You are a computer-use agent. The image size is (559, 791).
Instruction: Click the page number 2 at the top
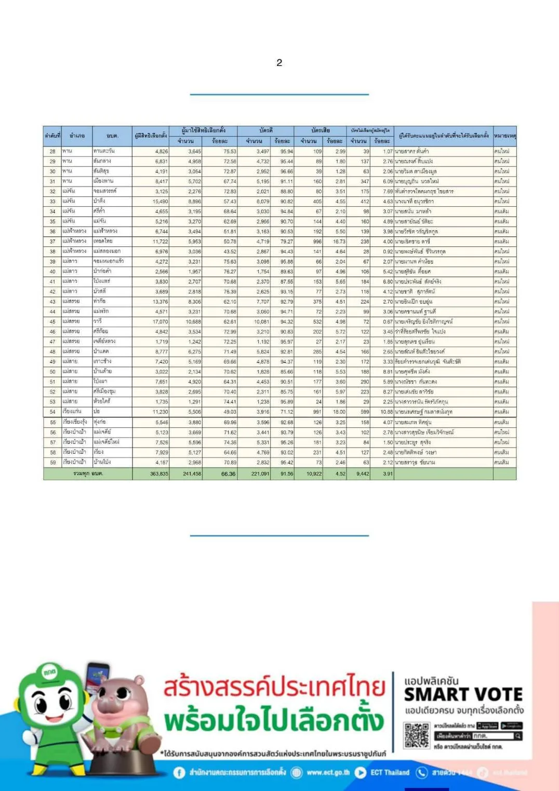point(279,63)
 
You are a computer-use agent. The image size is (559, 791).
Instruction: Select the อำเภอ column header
point(77,136)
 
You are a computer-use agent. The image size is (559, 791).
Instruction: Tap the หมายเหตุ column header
point(504,136)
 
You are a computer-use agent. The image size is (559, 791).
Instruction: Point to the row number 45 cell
point(52,322)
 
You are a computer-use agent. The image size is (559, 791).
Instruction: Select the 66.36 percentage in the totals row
point(228,474)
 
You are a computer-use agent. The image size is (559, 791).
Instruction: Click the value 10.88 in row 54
point(387,412)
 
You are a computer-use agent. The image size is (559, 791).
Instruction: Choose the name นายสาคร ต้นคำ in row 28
point(412,151)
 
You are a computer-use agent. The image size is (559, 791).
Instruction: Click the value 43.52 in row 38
point(230,252)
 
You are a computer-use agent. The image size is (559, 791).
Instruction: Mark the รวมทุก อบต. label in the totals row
point(88,474)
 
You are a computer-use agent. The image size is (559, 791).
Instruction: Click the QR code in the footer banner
point(417,734)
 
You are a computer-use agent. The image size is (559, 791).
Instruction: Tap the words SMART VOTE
point(463,695)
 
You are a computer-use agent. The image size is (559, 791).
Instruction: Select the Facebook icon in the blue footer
point(179,773)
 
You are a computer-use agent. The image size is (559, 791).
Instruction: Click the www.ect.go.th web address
point(328,773)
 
